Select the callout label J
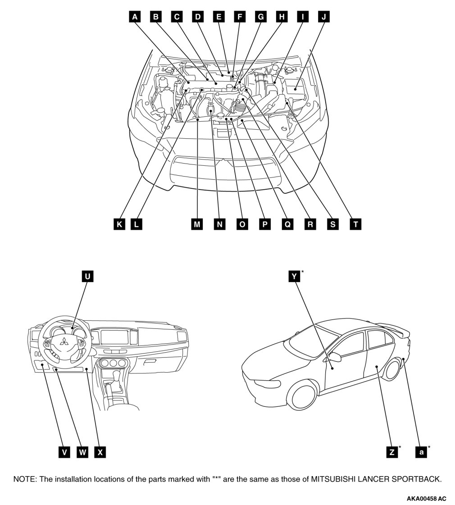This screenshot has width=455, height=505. click(323, 17)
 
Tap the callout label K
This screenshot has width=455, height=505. click(118, 224)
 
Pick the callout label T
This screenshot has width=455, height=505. click(355, 224)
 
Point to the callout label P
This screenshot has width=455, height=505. click(264, 224)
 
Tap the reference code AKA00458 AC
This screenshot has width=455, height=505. click(426, 499)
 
